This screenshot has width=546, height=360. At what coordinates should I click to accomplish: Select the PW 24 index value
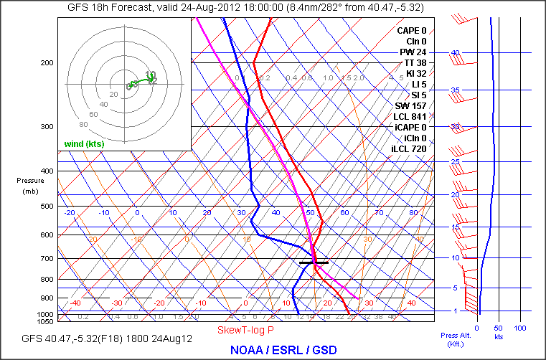[413, 52]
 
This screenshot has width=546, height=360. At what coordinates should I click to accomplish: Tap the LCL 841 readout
[410, 117]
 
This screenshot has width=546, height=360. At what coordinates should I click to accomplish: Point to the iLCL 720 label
[408, 148]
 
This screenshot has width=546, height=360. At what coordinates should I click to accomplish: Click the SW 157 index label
[411, 106]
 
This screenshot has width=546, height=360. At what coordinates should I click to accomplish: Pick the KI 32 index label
[415, 74]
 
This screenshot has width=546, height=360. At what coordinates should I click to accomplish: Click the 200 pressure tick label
[47, 63]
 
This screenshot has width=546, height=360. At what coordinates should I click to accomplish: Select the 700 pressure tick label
[47, 259]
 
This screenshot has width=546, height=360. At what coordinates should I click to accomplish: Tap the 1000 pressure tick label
[45, 315]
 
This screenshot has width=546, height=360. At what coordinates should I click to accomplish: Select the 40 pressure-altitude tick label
[454, 53]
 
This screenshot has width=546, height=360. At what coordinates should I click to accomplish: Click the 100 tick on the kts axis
[520, 328]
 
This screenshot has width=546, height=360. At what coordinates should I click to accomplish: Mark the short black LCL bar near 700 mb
[314, 263]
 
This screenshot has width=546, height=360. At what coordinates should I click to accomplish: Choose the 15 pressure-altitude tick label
[454, 227]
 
